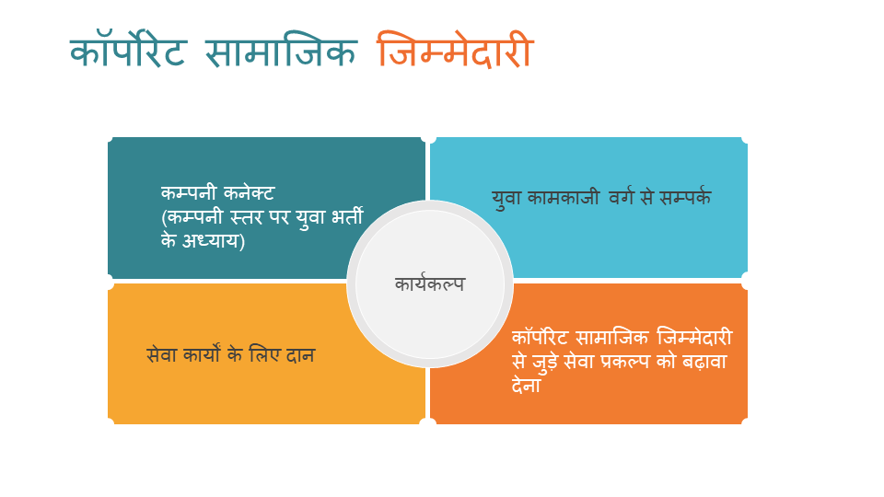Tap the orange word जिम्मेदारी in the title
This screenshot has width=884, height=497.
(x=455, y=50)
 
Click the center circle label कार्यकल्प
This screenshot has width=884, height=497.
(x=430, y=284)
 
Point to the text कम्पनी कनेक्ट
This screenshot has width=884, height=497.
(x=217, y=192)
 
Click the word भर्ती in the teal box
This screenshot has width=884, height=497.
(x=347, y=215)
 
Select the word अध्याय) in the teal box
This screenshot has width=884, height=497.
(x=213, y=240)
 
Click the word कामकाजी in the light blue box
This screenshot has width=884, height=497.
(x=563, y=197)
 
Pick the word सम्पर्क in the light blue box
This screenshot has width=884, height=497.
(x=685, y=197)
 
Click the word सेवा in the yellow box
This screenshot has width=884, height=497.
(x=161, y=354)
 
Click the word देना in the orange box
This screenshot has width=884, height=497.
(x=526, y=385)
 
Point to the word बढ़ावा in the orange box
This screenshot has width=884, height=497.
(x=704, y=362)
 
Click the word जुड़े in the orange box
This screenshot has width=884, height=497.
(x=546, y=362)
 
